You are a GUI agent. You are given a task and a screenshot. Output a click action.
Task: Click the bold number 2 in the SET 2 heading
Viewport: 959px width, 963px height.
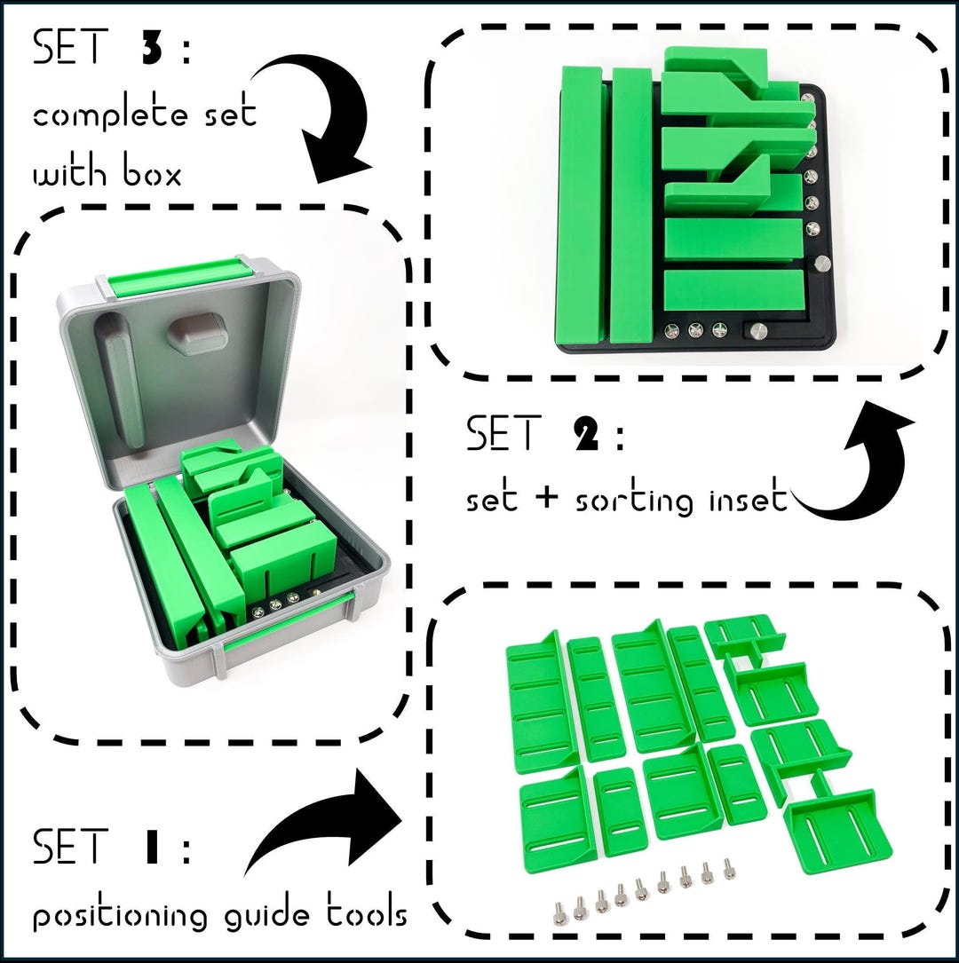point(583,436)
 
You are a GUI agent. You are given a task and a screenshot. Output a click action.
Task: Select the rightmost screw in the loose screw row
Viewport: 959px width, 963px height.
point(730,872)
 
